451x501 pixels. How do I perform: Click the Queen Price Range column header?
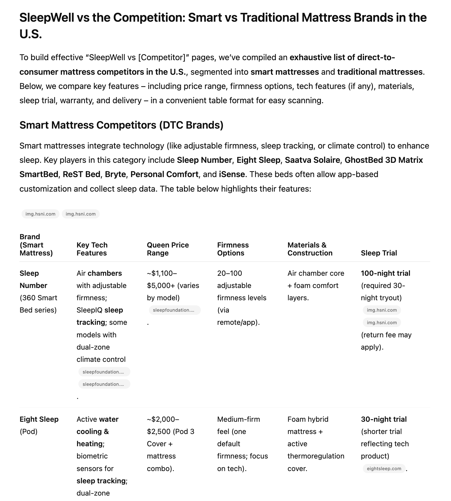pos(168,249)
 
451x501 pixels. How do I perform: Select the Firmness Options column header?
pos(233,249)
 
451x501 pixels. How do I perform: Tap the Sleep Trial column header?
pos(379,253)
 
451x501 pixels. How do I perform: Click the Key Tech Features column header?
pos(92,249)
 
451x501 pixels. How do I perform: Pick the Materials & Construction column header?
pos(310,249)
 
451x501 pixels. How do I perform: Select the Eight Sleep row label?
pos(39,419)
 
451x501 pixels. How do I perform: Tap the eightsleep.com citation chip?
pos(384,468)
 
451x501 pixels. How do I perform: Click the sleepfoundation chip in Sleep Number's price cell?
pos(175,310)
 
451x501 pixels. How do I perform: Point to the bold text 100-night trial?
pos(385,273)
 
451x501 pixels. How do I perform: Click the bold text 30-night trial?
pos(384,419)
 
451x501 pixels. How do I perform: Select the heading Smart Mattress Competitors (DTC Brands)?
pos(121,125)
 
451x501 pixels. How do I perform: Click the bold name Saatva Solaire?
pos(312,160)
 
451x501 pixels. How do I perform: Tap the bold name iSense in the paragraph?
pos(232,174)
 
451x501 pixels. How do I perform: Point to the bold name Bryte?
pos(115,174)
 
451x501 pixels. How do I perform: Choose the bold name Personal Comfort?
pos(164,174)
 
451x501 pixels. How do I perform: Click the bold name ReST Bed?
pos(82,174)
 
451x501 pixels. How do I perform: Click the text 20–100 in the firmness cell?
pos(229,273)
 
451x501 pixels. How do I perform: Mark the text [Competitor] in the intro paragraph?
pos(162,57)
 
